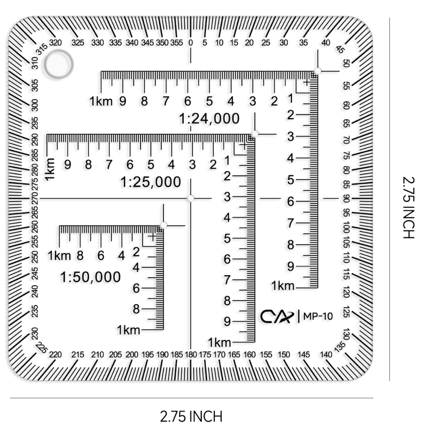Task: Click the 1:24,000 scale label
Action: click(209, 119)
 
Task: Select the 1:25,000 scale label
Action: click(151, 182)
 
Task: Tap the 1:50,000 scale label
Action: click(90, 277)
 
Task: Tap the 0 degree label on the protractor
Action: click(191, 43)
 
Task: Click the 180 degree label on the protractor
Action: click(190, 354)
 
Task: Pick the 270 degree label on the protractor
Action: click(35, 198)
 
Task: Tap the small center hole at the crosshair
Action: click(191, 198)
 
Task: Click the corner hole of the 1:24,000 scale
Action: click(318, 71)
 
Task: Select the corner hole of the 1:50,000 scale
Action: click(163, 226)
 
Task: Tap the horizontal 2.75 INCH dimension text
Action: click(191, 416)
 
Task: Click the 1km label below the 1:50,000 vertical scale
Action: click(129, 330)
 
